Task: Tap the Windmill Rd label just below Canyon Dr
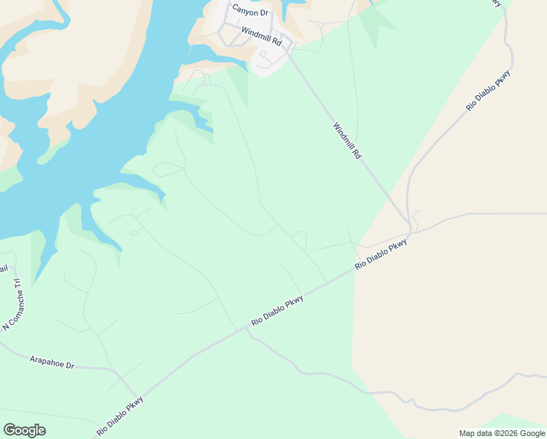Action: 261,35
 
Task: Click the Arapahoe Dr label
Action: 52,361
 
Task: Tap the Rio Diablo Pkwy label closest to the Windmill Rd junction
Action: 380,256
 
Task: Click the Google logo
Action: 24,430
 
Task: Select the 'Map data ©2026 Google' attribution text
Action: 501,433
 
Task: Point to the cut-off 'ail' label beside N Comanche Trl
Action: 4,269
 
